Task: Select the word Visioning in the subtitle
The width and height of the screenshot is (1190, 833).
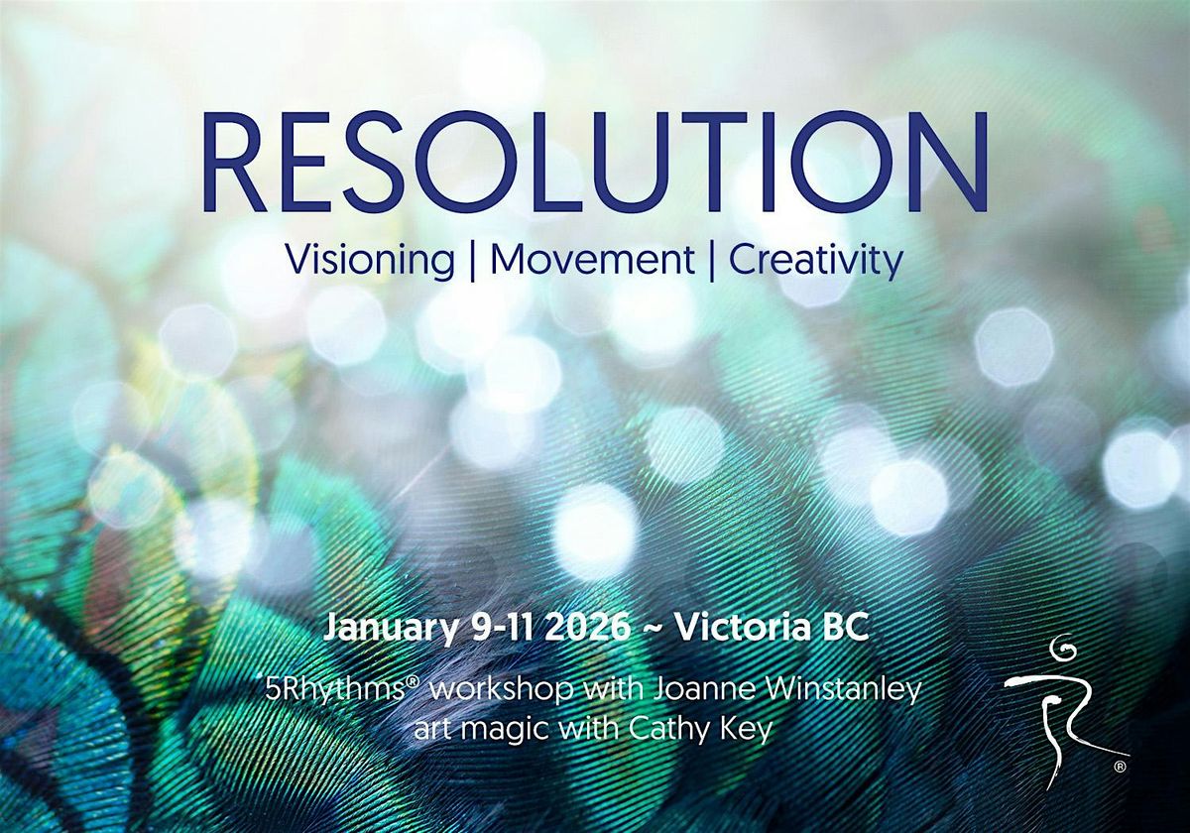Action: click(x=370, y=261)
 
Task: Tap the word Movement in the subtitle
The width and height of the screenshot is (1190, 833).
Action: click(x=593, y=261)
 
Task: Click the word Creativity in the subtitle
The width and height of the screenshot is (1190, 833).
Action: click(x=816, y=261)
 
